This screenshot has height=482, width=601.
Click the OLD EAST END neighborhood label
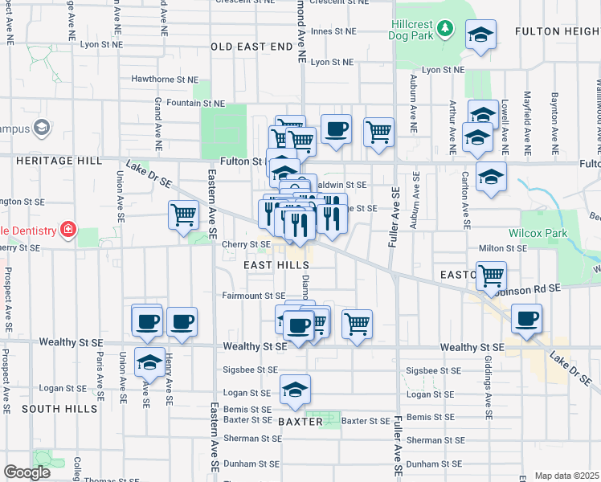coord(251,47)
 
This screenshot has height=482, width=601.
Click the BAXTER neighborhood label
coord(300,421)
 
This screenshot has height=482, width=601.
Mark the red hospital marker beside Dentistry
coord(68,231)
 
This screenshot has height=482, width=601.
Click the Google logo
coord(27,472)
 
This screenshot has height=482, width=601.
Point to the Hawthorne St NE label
coord(165,80)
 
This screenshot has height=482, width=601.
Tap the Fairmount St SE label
coord(254,296)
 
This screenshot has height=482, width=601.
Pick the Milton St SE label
coord(502,249)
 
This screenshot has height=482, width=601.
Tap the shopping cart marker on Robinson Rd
coord(491,275)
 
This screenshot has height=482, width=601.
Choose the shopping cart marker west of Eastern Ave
coord(183,214)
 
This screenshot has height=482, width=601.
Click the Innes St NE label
coord(333,31)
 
